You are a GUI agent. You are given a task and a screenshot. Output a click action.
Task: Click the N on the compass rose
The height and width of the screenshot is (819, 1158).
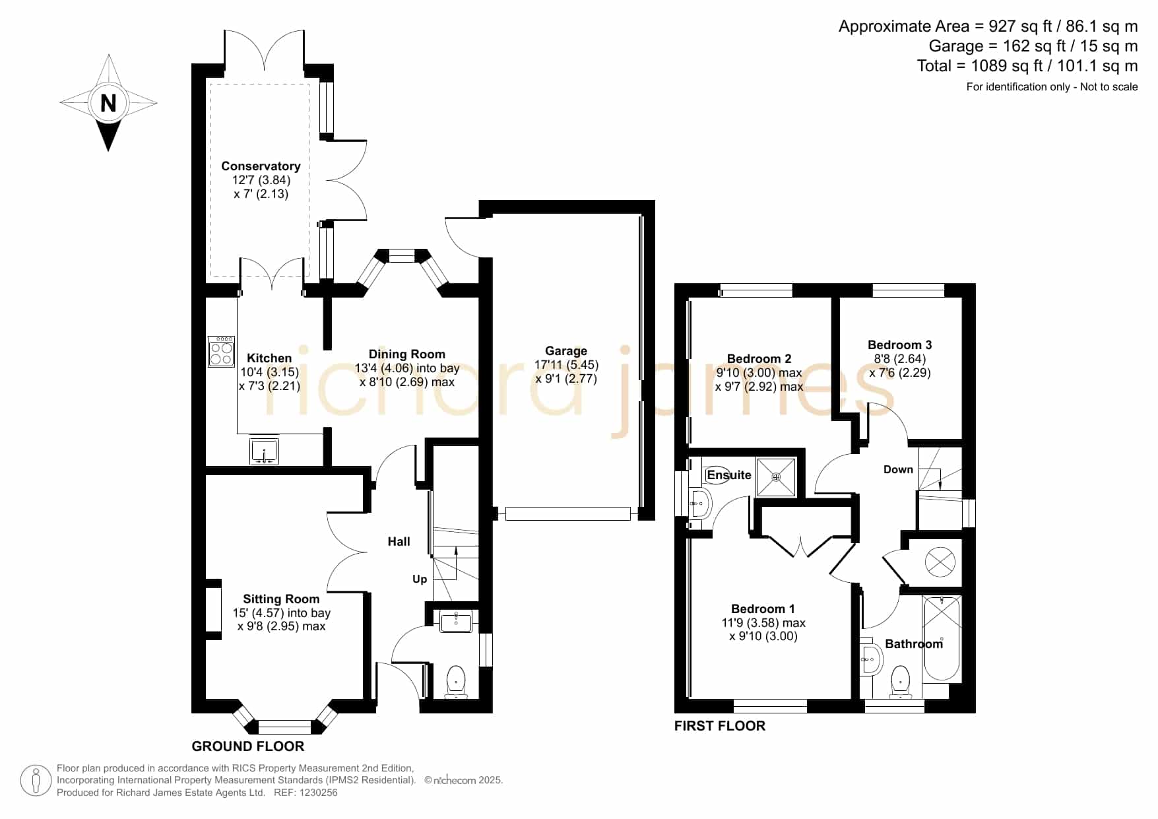[x=108, y=103]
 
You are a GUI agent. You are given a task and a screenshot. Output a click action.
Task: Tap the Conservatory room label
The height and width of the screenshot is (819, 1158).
[x=261, y=166]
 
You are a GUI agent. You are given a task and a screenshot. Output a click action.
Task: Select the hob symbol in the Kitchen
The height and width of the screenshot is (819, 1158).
[x=221, y=351]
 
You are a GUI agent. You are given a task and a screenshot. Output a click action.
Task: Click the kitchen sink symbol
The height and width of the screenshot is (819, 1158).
[x=265, y=451]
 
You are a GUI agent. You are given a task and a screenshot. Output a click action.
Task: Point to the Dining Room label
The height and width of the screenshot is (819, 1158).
[x=406, y=354]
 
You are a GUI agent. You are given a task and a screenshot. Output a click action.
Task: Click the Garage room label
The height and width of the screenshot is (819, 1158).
[x=566, y=351]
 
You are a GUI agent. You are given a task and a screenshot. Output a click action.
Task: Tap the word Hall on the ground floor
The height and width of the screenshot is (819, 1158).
[x=399, y=542]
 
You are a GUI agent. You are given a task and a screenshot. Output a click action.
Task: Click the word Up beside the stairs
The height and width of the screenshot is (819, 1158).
[x=420, y=579]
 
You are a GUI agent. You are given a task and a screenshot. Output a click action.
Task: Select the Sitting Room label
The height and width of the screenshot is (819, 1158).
[x=281, y=599]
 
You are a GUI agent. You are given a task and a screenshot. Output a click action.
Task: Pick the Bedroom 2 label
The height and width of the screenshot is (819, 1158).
[x=759, y=359]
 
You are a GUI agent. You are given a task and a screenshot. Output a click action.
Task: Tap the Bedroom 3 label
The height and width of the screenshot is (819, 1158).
[x=899, y=345]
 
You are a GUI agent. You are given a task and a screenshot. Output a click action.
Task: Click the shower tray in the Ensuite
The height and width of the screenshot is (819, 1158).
[x=776, y=476]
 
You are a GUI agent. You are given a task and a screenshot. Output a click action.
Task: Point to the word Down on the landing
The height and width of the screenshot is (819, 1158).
[x=898, y=470]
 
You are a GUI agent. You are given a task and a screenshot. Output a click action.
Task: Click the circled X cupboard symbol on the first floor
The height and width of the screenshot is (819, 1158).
[x=940, y=562]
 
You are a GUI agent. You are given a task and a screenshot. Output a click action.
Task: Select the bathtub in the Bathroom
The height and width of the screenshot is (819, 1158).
[x=942, y=638]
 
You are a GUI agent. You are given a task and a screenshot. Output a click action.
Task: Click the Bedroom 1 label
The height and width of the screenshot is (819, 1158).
[x=763, y=609]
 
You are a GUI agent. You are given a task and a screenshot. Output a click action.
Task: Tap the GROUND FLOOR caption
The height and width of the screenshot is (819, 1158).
[x=248, y=746]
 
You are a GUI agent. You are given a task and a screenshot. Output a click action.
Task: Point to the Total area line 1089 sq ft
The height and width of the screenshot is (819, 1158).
[x=1027, y=66]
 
